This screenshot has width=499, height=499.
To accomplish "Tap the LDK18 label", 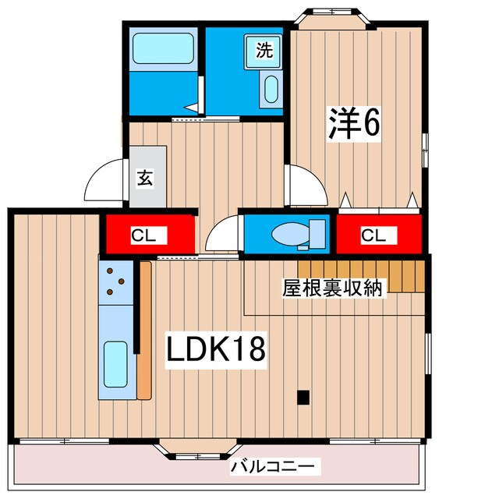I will [216, 349].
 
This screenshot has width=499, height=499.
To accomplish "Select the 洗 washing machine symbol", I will [265, 51].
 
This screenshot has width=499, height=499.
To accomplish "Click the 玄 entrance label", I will [146, 177].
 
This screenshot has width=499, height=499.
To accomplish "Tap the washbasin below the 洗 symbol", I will [271, 90].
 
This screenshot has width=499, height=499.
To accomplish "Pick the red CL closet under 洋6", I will [373, 234].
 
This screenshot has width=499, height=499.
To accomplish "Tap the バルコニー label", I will [272, 467].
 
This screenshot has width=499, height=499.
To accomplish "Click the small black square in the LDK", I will [303, 397].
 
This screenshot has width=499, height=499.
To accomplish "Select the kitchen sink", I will [115, 364].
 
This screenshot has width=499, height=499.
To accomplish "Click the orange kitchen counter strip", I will [144, 331].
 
